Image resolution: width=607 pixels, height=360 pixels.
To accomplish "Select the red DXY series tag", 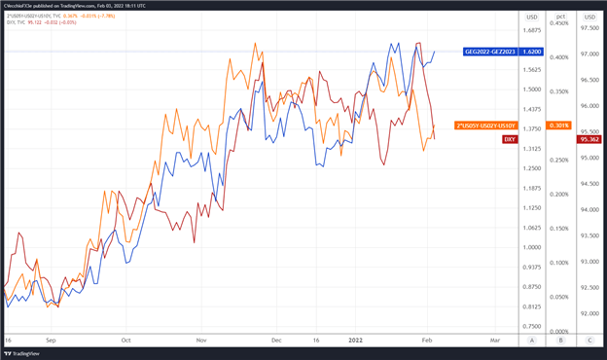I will point(510,140).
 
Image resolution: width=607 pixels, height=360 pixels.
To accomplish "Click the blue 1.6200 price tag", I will point(533,51).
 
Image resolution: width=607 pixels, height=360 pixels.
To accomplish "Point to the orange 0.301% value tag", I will point(559,126).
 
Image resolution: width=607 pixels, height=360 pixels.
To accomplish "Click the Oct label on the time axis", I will point(125,341).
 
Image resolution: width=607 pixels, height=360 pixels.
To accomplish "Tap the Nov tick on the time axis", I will point(201,341).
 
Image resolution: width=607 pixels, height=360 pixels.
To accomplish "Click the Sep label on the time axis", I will point(51,341).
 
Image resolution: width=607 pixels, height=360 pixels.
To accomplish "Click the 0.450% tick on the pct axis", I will point(559,23).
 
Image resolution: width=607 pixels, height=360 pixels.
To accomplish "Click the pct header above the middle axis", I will point(559,17).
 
